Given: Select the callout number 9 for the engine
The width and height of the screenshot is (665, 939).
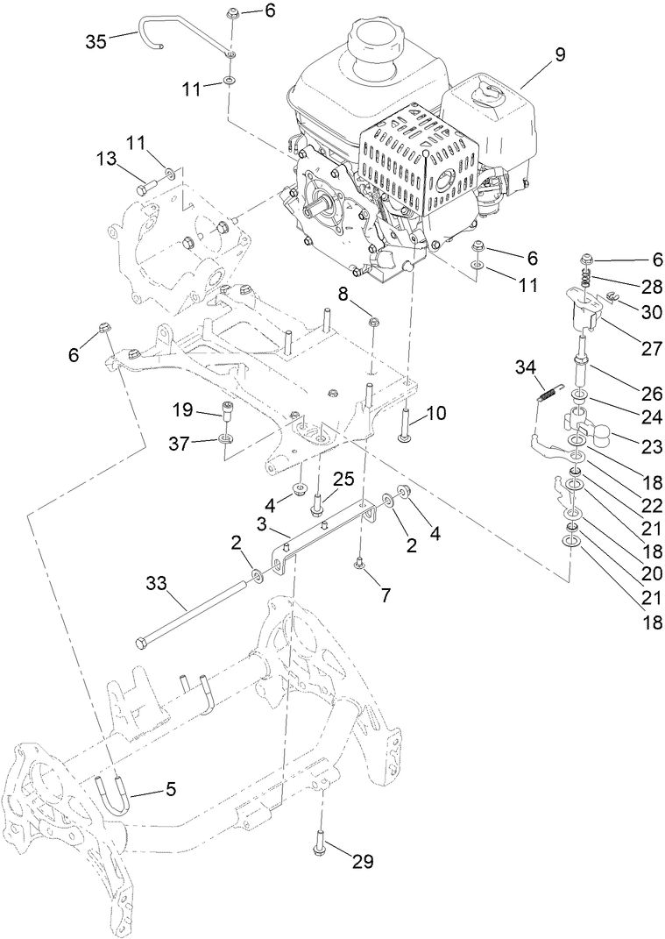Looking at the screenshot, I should [559, 53].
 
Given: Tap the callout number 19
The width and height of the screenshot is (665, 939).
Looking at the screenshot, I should [181, 409].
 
